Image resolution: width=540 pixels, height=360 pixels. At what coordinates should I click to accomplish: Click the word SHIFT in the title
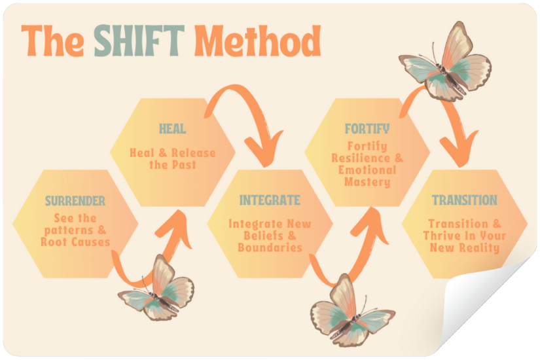point(139,41)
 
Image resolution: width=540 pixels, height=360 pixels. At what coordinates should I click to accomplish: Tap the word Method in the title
point(258,41)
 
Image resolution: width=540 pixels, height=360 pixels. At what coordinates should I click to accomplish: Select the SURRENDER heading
point(75,201)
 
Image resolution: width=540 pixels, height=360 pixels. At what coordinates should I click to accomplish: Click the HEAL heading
point(173,129)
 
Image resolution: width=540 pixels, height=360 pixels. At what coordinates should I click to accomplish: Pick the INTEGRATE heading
point(270,200)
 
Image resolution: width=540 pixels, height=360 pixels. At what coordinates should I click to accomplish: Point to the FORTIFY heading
point(367,129)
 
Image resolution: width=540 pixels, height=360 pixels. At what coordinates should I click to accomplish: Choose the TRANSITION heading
point(465,200)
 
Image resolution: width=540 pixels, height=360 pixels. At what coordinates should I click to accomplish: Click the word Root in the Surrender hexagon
point(54,242)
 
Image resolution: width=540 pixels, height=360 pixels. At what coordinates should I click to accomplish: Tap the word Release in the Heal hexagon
point(194,153)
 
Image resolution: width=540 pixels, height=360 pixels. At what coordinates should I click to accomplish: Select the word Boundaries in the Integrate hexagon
point(270,247)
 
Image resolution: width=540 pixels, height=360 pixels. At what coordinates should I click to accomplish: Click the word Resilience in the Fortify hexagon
point(361,158)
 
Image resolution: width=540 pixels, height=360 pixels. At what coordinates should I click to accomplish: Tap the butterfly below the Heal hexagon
point(156,290)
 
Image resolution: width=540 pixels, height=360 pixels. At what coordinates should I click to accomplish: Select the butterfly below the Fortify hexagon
point(351,311)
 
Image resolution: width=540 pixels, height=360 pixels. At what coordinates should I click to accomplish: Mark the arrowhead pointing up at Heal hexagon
point(175,227)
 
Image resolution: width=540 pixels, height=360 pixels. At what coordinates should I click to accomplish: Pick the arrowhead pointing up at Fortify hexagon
point(370,225)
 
